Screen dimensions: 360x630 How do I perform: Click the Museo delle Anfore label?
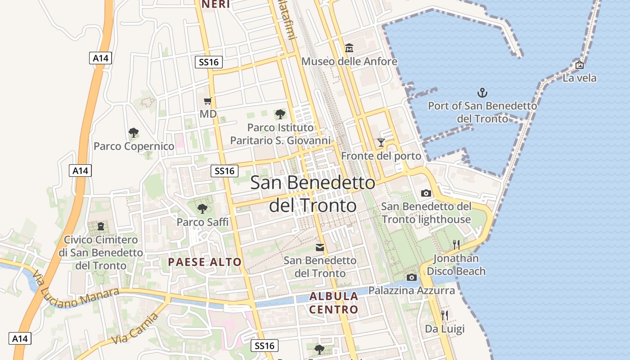[x=349, y=61]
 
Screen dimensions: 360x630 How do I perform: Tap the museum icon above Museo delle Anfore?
[x=349, y=48]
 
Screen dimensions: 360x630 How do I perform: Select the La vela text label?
[x=580, y=78]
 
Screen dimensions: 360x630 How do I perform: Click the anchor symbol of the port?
[x=482, y=93]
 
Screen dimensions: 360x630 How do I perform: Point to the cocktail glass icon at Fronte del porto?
[x=381, y=143]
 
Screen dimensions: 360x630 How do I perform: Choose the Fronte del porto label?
[x=381, y=156]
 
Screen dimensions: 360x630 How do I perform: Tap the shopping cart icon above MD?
[x=208, y=101]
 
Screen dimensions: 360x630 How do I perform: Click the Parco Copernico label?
[x=134, y=146]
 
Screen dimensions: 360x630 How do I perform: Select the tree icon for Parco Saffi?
[x=202, y=208]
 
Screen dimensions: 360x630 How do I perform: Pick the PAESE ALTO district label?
[x=205, y=262]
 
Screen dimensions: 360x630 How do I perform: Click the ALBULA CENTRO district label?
[x=334, y=303]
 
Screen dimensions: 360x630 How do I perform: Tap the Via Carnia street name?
[x=135, y=329]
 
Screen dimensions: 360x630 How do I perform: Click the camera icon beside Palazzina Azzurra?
[x=411, y=278]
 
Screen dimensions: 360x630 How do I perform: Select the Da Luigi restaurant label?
[x=445, y=329]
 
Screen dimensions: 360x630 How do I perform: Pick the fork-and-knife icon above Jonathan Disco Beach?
[x=456, y=244]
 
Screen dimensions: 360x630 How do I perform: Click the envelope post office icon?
[x=320, y=247]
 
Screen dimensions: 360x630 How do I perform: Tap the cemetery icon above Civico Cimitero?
[x=101, y=226]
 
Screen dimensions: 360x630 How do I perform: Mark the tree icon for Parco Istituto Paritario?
[x=280, y=114]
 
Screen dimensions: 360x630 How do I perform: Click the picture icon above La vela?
[x=580, y=65]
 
